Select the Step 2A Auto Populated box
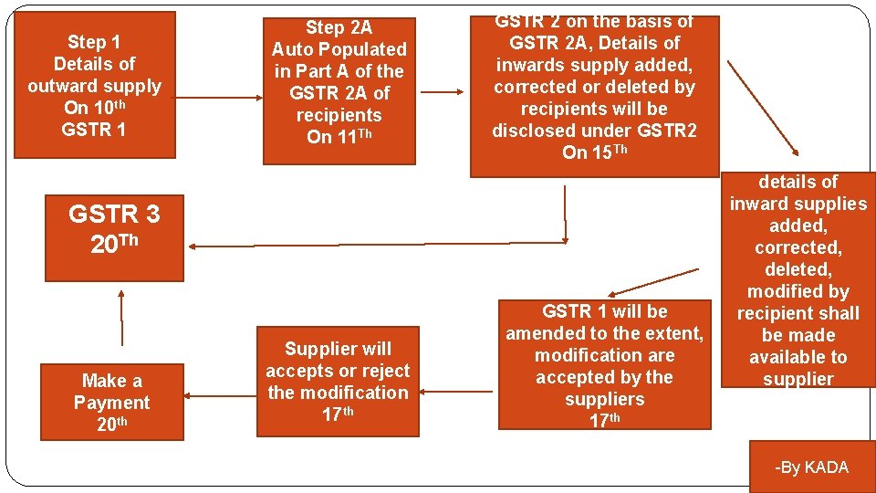339,90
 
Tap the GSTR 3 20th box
114,236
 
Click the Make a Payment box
111,403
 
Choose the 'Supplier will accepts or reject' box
338,381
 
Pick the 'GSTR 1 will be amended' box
604,364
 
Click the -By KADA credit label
811,467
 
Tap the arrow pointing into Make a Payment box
220,396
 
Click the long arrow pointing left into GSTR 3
365,245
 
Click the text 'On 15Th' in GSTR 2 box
594,152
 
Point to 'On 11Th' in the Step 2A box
339,137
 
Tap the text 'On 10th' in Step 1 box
94,108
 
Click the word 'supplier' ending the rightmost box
798,379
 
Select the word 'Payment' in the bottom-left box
111,403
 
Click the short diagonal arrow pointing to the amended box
656,281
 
